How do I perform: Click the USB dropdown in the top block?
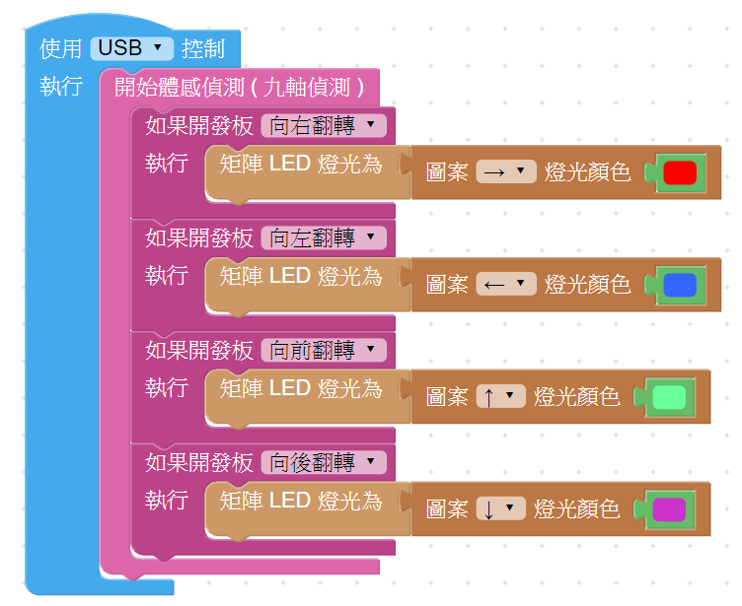click(x=131, y=47)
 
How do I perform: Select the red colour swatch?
click(x=680, y=172)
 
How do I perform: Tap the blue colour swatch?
click(x=680, y=285)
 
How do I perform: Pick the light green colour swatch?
click(x=669, y=397)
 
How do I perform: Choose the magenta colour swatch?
click(x=669, y=509)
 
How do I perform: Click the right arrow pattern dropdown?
click(x=505, y=172)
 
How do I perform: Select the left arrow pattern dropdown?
click(x=505, y=285)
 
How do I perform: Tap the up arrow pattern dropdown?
click(x=500, y=397)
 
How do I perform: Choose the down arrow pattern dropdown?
click(x=500, y=509)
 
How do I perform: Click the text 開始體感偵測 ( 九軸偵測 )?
click(x=240, y=87)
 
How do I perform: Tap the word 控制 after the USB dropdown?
click(x=203, y=47)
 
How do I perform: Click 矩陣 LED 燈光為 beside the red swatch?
click(x=301, y=164)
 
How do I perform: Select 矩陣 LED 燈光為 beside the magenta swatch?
click(x=301, y=501)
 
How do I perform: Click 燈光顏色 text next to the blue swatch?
click(x=588, y=285)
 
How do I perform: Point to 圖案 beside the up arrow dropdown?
click(x=447, y=397)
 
